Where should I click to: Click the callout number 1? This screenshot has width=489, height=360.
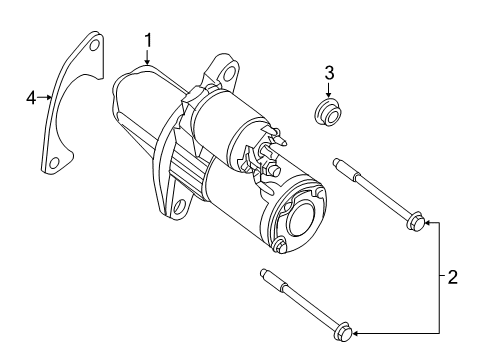tap(147, 40)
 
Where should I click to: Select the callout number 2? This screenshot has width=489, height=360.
tap(452, 277)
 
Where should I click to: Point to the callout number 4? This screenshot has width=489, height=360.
tap(31, 97)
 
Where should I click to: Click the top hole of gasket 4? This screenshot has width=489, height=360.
tap(95, 46)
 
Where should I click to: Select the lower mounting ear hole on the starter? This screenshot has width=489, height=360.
tap(180, 208)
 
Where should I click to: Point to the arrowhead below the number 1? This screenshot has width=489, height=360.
tap(147, 61)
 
